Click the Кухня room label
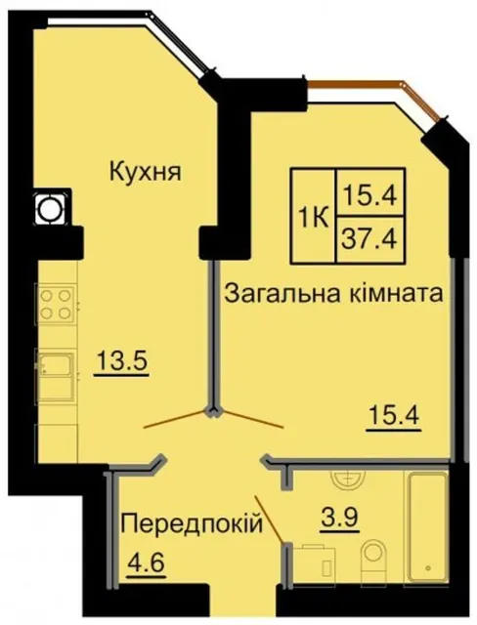coord(146,173)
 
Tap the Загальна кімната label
coord(334,294)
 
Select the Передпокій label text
coord(192,523)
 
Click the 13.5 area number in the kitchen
coord(122,362)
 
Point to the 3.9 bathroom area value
coord(340,519)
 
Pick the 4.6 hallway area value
coord(146,563)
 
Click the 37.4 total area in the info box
coord(369,239)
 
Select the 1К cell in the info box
coord(314,217)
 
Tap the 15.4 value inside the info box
coord(370,195)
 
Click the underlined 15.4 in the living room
coord(394,417)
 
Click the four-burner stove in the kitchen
coord(57,304)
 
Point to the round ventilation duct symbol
coord(50,209)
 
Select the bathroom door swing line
coord(270,519)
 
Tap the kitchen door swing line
coord(176,419)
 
